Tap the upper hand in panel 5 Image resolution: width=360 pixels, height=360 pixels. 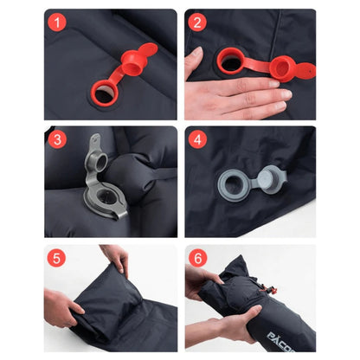[117, 259]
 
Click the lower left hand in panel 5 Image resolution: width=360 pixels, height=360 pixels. [62, 310]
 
